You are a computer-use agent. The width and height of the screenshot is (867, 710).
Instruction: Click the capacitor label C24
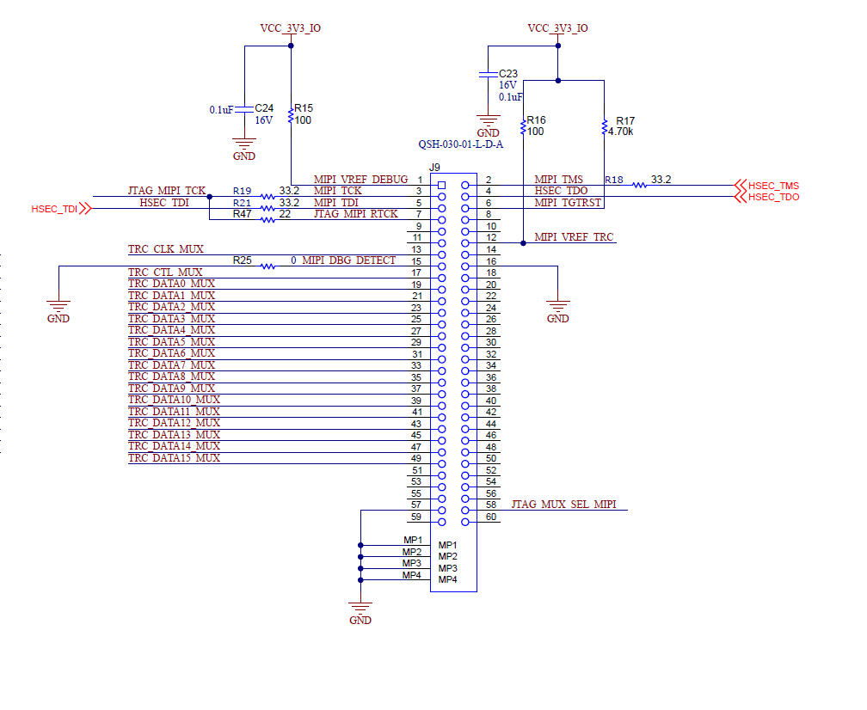264,108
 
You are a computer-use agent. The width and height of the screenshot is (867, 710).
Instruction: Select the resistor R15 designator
304,108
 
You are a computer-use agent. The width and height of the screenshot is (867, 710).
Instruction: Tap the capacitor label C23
508,74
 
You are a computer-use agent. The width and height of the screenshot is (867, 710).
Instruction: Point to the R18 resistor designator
614,180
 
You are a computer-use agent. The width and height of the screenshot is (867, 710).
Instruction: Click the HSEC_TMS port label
773,186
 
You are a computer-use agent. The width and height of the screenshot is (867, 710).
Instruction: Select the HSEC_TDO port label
773,198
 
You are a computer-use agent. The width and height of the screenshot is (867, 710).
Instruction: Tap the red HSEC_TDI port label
54,209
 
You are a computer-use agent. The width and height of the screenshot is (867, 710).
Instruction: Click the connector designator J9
435,168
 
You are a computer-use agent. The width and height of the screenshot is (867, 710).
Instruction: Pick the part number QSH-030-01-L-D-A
460,144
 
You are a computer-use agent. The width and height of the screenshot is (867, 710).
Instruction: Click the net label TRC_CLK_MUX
166,249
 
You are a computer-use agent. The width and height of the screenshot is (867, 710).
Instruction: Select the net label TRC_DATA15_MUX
174,458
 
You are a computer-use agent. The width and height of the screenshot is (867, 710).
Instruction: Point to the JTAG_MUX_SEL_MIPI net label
563,505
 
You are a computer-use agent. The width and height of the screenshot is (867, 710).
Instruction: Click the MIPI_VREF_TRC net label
574,237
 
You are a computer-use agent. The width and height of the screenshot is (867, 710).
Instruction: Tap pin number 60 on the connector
491,517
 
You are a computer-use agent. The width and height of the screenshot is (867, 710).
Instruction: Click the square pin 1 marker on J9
441,185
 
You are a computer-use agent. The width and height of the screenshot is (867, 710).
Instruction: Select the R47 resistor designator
242,214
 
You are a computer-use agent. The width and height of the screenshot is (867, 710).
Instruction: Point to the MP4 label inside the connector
447,580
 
